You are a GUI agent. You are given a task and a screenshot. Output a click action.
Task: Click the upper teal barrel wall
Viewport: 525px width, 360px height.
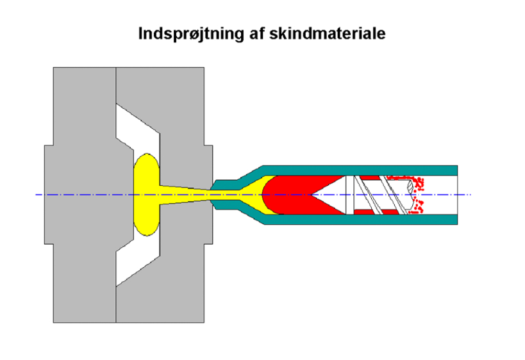359,169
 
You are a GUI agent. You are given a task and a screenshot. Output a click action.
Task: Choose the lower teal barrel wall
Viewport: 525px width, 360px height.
359,220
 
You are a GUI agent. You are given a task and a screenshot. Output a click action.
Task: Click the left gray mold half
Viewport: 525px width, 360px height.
80,194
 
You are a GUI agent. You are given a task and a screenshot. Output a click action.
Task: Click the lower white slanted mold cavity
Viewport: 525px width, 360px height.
138,259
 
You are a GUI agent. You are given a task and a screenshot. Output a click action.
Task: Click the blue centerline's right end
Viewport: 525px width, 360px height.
470,194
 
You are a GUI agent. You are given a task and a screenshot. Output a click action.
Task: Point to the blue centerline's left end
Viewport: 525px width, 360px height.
37,194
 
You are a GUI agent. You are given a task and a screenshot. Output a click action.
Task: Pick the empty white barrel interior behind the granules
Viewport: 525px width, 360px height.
442,194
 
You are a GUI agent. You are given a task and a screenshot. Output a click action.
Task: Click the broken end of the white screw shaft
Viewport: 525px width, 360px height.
408,189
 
